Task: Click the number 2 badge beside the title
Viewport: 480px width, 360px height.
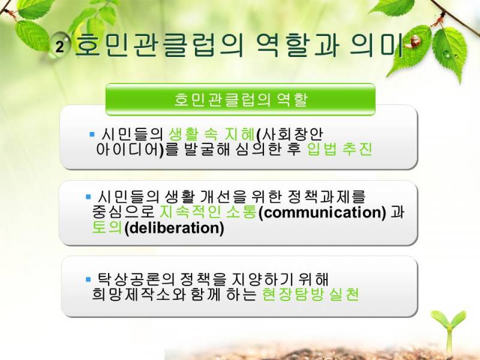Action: click(59, 47)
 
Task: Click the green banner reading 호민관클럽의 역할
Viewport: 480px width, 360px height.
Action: click(241, 100)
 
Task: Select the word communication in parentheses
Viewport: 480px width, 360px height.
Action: click(322, 213)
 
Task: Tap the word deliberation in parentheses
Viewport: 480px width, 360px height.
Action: click(174, 228)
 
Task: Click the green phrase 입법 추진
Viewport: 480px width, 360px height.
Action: click(340, 149)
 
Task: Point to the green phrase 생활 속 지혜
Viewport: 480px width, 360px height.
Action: click(212, 134)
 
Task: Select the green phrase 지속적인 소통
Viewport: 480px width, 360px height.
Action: click(208, 212)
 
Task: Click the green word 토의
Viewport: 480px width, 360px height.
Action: click(107, 227)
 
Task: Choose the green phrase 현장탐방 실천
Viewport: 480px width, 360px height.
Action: click(310, 295)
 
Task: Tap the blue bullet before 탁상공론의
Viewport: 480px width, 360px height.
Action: click(88, 279)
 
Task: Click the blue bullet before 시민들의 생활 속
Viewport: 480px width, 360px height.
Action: click(92, 134)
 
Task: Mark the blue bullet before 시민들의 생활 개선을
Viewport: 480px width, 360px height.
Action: click(88, 197)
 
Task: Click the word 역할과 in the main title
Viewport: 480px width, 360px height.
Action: click(296, 46)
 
